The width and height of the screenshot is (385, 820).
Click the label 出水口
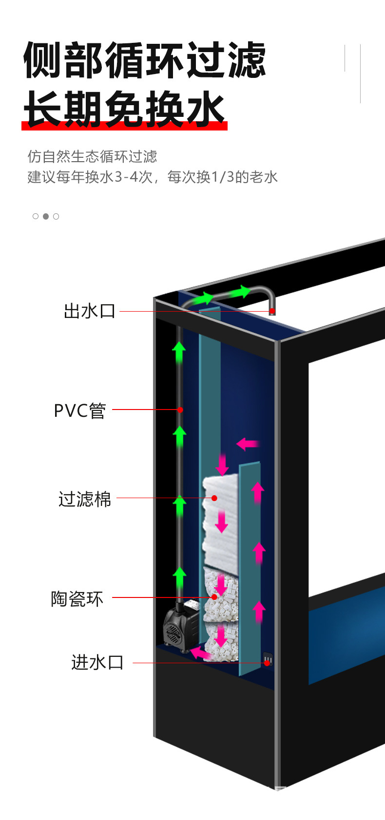click(89, 311)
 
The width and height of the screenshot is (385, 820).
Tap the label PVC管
click(80, 410)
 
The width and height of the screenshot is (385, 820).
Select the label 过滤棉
click(85, 499)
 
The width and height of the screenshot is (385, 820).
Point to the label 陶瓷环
click(77, 598)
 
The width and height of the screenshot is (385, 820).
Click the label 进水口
click(97, 662)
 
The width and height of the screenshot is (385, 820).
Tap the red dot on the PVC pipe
click(180, 410)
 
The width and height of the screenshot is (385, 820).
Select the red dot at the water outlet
click(272, 311)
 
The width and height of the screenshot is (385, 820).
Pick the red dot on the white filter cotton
click(214, 498)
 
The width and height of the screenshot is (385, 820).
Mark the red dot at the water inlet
click(267, 663)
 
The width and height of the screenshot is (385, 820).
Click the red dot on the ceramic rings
click(214, 596)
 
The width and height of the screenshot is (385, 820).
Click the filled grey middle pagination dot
click(46, 216)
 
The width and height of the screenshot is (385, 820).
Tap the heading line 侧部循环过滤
click(145, 60)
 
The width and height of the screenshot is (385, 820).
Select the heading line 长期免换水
click(124, 108)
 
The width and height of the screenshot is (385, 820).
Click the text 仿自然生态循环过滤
click(92, 156)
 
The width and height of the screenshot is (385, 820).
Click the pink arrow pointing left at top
click(248, 444)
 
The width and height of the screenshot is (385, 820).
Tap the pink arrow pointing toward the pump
click(200, 653)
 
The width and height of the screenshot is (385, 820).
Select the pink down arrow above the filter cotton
click(222, 464)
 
